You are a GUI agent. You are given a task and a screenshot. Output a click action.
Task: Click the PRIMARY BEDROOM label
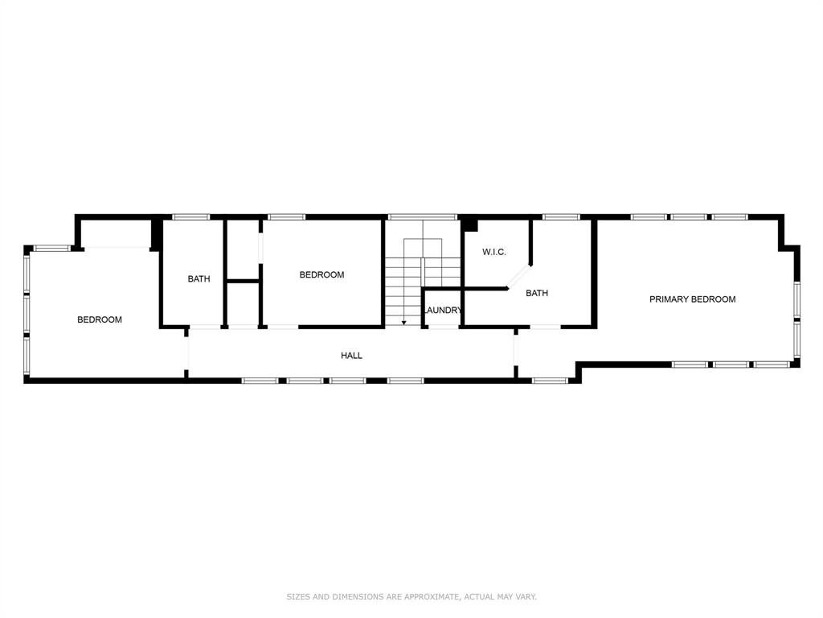pyautogui.click(x=692, y=299)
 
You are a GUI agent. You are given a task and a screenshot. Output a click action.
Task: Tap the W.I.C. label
pyautogui.click(x=493, y=253)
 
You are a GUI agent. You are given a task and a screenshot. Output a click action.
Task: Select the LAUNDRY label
pyautogui.click(x=442, y=311)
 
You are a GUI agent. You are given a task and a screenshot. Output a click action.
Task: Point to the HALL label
pyautogui.click(x=351, y=355)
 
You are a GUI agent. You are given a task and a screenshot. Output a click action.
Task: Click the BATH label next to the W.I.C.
pyautogui.click(x=537, y=293)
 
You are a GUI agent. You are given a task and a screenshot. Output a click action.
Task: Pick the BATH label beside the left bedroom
pyautogui.click(x=199, y=279)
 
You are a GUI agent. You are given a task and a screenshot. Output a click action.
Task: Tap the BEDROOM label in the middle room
pyautogui.click(x=321, y=274)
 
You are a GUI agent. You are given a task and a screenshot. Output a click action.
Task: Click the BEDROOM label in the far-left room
pyautogui.click(x=100, y=319)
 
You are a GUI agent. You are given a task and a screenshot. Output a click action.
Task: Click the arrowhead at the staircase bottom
pyautogui.click(x=403, y=322)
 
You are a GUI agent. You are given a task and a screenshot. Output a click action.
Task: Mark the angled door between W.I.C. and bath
pyautogui.click(x=518, y=274)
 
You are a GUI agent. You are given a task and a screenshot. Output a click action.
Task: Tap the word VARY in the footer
pyautogui.click(x=525, y=597)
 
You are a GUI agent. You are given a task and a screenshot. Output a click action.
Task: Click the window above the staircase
pyautogui.click(x=423, y=217)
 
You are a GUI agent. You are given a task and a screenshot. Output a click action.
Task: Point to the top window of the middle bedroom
pyautogui.click(x=286, y=217)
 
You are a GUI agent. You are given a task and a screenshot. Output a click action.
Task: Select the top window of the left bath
pyautogui.click(x=191, y=217)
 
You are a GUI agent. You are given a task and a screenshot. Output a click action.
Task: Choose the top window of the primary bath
pyautogui.click(x=561, y=217)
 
